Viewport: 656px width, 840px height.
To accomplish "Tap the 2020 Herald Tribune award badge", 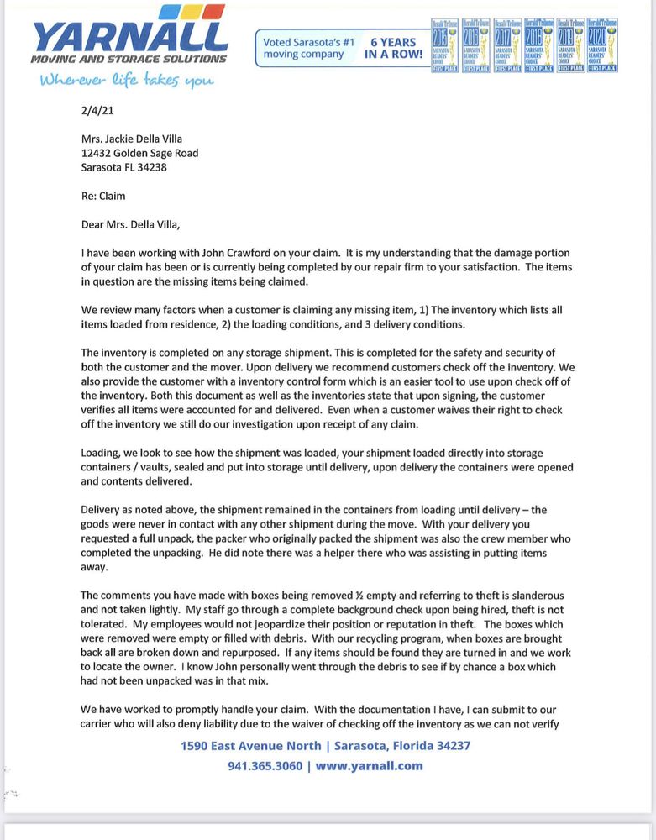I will click(x=603, y=45).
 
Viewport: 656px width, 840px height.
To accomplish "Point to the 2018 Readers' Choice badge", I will click(x=539, y=45).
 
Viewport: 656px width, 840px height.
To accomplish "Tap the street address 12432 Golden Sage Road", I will click(x=139, y=153).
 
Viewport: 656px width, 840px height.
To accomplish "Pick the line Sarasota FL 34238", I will click(x=123, y=166).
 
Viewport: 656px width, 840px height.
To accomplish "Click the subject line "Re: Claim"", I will click(x=104, y=196).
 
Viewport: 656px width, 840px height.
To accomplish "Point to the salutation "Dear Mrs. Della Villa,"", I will click(x=130, y=223).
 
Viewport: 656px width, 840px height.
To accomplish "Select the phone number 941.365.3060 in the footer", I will click(x=265, y=766).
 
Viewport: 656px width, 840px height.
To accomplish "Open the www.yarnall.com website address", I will click(x=369, y=766).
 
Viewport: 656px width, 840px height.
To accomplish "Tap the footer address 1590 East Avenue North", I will click(x=250, y=746).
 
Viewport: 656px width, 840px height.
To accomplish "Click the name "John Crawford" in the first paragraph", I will click(x=229, y=253).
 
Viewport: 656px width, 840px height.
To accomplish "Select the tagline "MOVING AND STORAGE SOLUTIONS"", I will click(x=128, y=59).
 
